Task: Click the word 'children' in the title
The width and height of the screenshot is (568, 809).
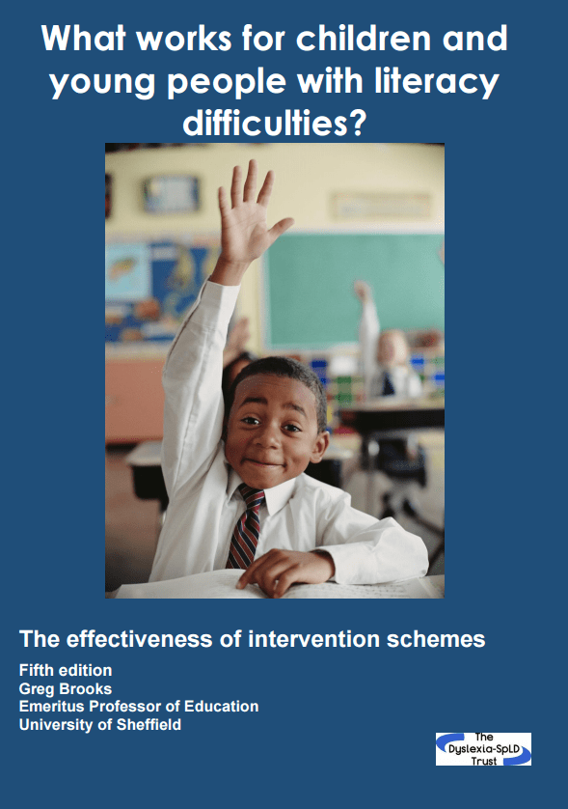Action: (364, 39)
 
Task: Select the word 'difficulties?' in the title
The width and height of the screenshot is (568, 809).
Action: (274, 123)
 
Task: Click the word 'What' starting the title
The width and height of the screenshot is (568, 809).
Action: (84, 39)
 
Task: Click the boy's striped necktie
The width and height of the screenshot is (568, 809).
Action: (246, 526)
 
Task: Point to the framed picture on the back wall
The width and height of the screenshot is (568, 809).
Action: (171, 194)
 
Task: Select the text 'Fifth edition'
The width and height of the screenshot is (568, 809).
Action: (66, 670)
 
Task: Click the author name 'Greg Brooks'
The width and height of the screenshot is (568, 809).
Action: (66, 688)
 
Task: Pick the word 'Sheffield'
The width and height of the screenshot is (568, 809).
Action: (149, 724)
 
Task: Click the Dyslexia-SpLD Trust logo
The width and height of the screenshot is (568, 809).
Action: (483, 748)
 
